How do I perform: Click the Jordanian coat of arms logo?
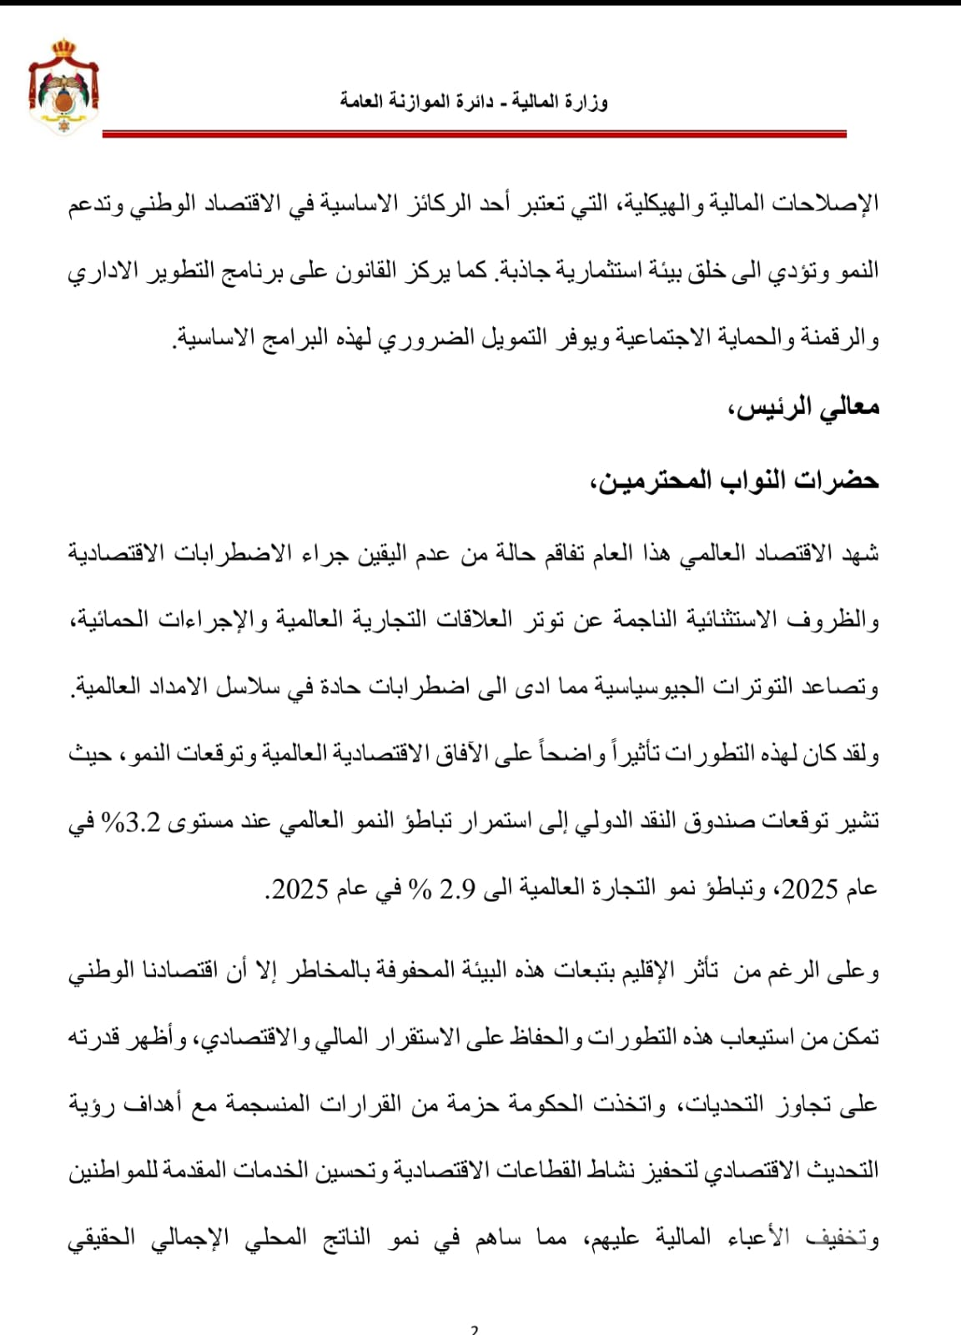coord(64,83)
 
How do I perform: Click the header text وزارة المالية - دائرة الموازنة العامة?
coord(474,102)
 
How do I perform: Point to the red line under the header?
coord(474,133)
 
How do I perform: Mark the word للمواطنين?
coord(113,1171)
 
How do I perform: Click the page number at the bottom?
coord(474,1329)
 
